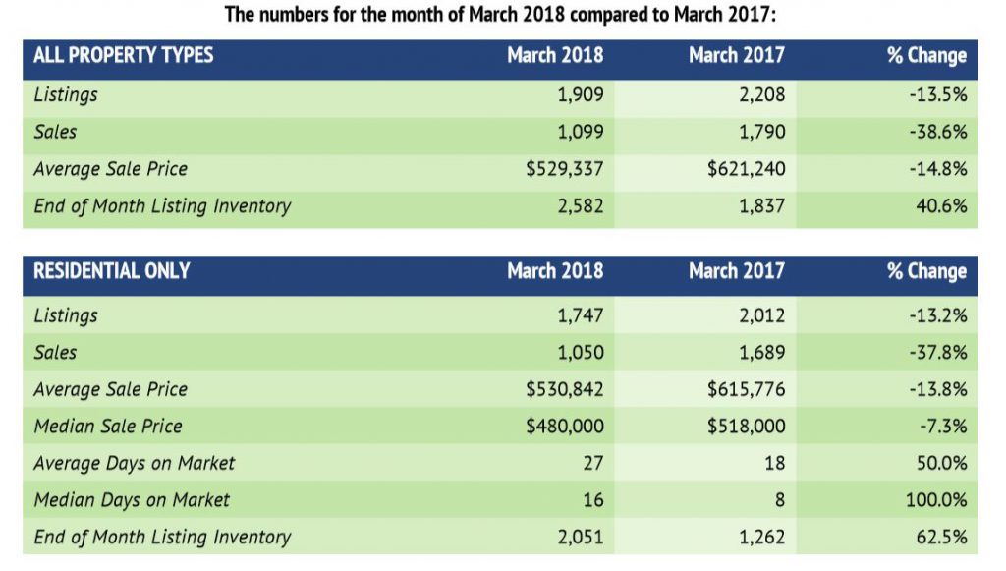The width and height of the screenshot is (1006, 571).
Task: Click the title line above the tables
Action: pyautogui.click(x=502, y=15)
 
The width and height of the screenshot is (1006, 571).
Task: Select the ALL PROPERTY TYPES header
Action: pyautogui.click(x=123, y=55)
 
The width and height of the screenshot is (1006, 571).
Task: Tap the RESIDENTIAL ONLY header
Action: pyautogui.click(x=111, y=271)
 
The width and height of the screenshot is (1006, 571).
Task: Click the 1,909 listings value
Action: pyautogui.click(x=580, y=95)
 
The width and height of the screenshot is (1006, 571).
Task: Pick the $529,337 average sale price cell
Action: pyautogui.click(x=565, y=169)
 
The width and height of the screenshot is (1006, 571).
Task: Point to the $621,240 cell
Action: pyautogui.click(x=746, y=169)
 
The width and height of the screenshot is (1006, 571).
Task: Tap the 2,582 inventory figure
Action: pyautogui.click(x=580, y=206)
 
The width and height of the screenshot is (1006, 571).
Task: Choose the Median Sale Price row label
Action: pyautogui.click(x=108, y=427)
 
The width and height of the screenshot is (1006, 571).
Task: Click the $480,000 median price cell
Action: pyautogui.click(x=565, y=427)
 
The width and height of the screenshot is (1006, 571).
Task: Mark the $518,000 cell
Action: pyautogui.click(x=746, y=427)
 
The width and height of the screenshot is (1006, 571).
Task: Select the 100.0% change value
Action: pyautogui.click(x=936, y=500)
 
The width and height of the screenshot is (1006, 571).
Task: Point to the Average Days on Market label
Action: pyautogui.click(x=135, y=463)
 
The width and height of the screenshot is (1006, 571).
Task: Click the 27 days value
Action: pyautogui.click(x=592, y=463)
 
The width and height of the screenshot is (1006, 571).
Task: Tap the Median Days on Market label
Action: pyautogui.click(x=132, y=500)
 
